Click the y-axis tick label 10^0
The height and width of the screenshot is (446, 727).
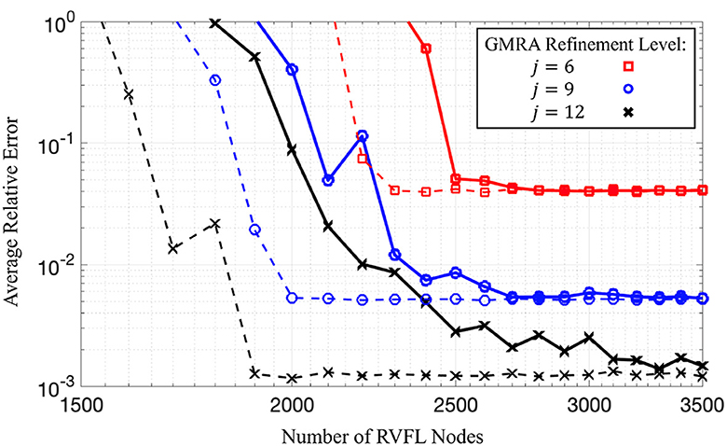(x=62, y=20)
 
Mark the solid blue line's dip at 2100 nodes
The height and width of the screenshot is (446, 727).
(x=328, y=180)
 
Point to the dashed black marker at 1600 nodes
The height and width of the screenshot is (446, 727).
(x=129, y=94)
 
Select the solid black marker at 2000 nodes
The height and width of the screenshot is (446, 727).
(x=292, y=149)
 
